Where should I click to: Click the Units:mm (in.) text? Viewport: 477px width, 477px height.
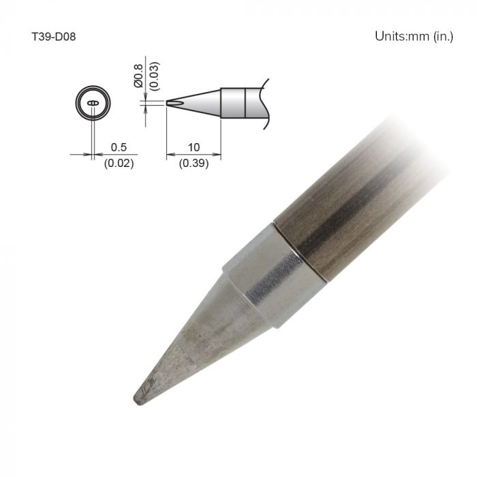pyautogui.click(x=414, y=36)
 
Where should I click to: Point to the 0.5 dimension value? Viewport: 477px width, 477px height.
pyautogui.click(x=118, y=147)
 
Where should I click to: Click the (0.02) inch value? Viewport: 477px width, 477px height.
pyautogui.click(x=118, y=164)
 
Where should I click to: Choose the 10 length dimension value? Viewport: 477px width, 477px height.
pyautogui.click(x=194, y=147)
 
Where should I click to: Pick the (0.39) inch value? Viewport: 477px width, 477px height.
pyautogui.click(x=194, y=164)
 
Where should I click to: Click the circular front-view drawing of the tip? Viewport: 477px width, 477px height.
pyautogui.click(x=92, y=104)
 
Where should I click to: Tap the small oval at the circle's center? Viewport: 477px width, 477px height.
pyautogui.click(x=92, y=104)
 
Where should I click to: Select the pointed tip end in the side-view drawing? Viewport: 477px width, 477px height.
pyautogui.click(x=168, y=103)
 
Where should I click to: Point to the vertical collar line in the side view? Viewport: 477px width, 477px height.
pyautogui.click(x=245, y=103)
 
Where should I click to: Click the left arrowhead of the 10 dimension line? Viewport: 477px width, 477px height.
pyautogui.click(x=170, y=154)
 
